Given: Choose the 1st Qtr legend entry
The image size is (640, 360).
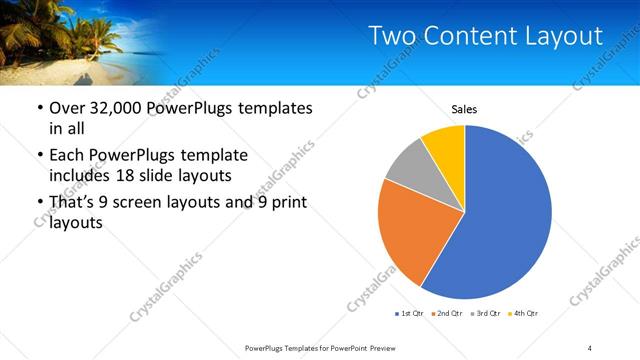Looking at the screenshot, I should (410, 314).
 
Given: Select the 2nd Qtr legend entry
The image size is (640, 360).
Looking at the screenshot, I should (447, 314).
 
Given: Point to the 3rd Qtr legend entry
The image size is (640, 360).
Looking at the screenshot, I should (485, 314).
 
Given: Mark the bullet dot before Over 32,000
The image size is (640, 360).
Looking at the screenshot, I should (38, 109).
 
